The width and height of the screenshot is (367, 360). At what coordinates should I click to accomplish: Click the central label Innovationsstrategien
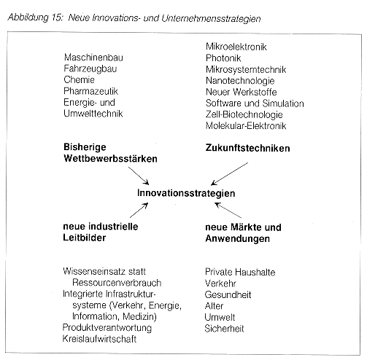186,193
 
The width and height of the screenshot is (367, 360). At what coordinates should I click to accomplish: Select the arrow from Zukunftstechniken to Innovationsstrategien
229,174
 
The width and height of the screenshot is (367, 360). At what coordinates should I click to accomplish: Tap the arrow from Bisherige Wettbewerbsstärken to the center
139,176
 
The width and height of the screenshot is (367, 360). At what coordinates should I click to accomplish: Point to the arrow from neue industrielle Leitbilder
139,211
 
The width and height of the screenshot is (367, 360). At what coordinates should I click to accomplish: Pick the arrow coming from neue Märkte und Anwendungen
228,211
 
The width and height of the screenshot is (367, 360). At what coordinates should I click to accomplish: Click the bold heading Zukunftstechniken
247,148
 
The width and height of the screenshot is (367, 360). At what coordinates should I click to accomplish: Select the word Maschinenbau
93,58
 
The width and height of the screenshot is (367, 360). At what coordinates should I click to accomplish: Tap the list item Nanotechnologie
240,81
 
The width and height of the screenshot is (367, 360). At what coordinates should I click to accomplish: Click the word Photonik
223,58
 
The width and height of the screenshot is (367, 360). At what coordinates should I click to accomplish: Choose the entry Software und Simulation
255,103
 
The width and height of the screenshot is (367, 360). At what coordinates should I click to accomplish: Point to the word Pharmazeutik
90,91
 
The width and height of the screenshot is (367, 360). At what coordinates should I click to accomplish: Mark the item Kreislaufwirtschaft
99,339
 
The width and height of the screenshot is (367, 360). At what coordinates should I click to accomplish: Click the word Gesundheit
228,294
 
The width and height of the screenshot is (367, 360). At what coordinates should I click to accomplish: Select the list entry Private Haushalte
240,272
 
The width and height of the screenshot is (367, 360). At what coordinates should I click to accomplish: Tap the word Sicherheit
224,329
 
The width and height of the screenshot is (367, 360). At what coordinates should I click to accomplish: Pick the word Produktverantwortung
107,328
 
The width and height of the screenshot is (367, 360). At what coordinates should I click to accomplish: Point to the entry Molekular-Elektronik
246,126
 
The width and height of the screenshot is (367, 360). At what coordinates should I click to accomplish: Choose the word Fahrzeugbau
90,69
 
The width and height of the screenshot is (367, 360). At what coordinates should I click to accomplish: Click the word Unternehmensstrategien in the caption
211,19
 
